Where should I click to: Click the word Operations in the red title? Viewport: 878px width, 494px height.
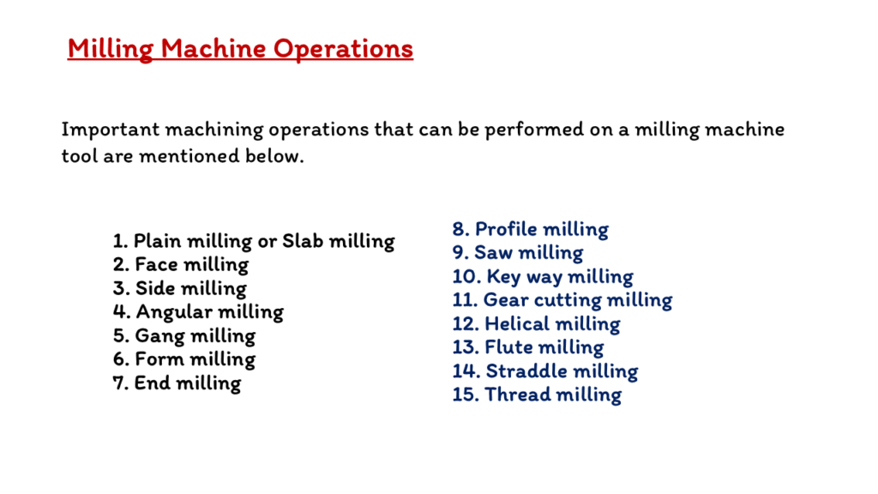343,49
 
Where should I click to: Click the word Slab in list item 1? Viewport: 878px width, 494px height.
303,241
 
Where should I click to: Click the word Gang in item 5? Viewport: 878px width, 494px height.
159,336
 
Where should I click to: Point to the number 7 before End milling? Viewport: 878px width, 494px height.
120,383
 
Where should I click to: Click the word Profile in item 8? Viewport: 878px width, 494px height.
506,229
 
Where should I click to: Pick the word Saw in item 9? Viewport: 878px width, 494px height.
493,253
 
